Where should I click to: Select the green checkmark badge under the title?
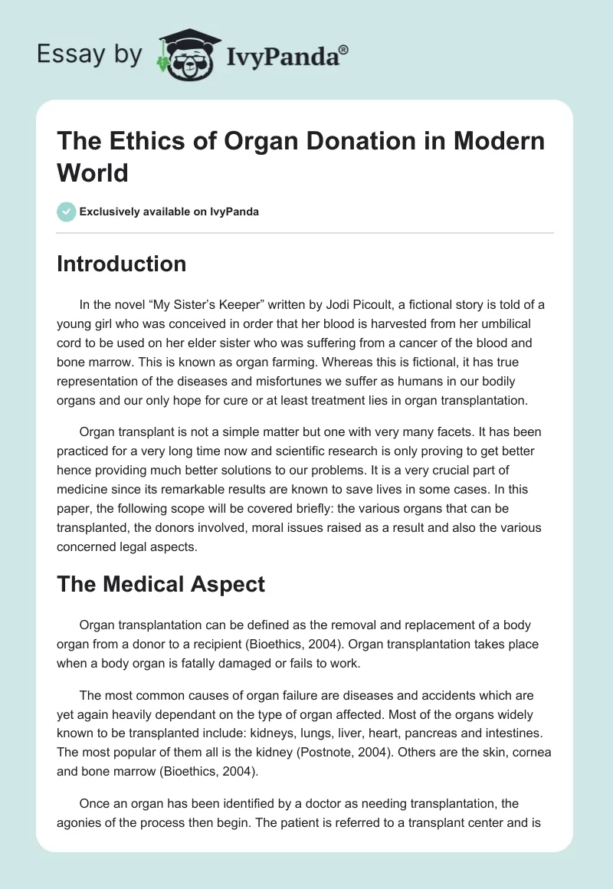(67, 212)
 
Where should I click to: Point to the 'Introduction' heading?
(122, 264)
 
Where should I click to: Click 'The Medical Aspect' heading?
(161, 584)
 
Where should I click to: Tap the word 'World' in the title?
(93, 172)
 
